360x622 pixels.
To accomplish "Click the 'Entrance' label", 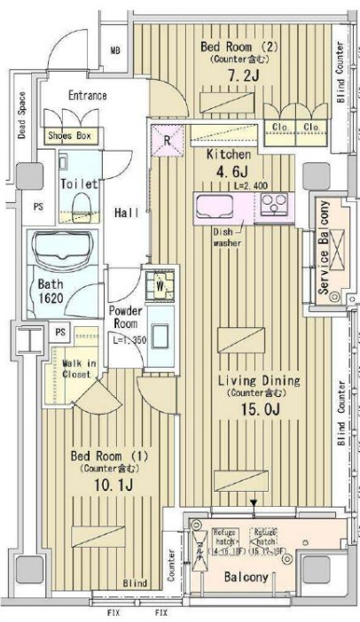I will (87, 95).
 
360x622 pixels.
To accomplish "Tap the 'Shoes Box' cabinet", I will (73, 136).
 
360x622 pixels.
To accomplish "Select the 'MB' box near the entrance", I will (113, 52).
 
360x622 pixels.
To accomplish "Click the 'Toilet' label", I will (78, 184).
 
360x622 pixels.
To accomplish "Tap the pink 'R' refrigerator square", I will (167, 140).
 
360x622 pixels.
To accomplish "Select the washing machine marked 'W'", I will (160, 284).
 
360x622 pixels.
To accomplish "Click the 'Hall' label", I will (126, 213).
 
